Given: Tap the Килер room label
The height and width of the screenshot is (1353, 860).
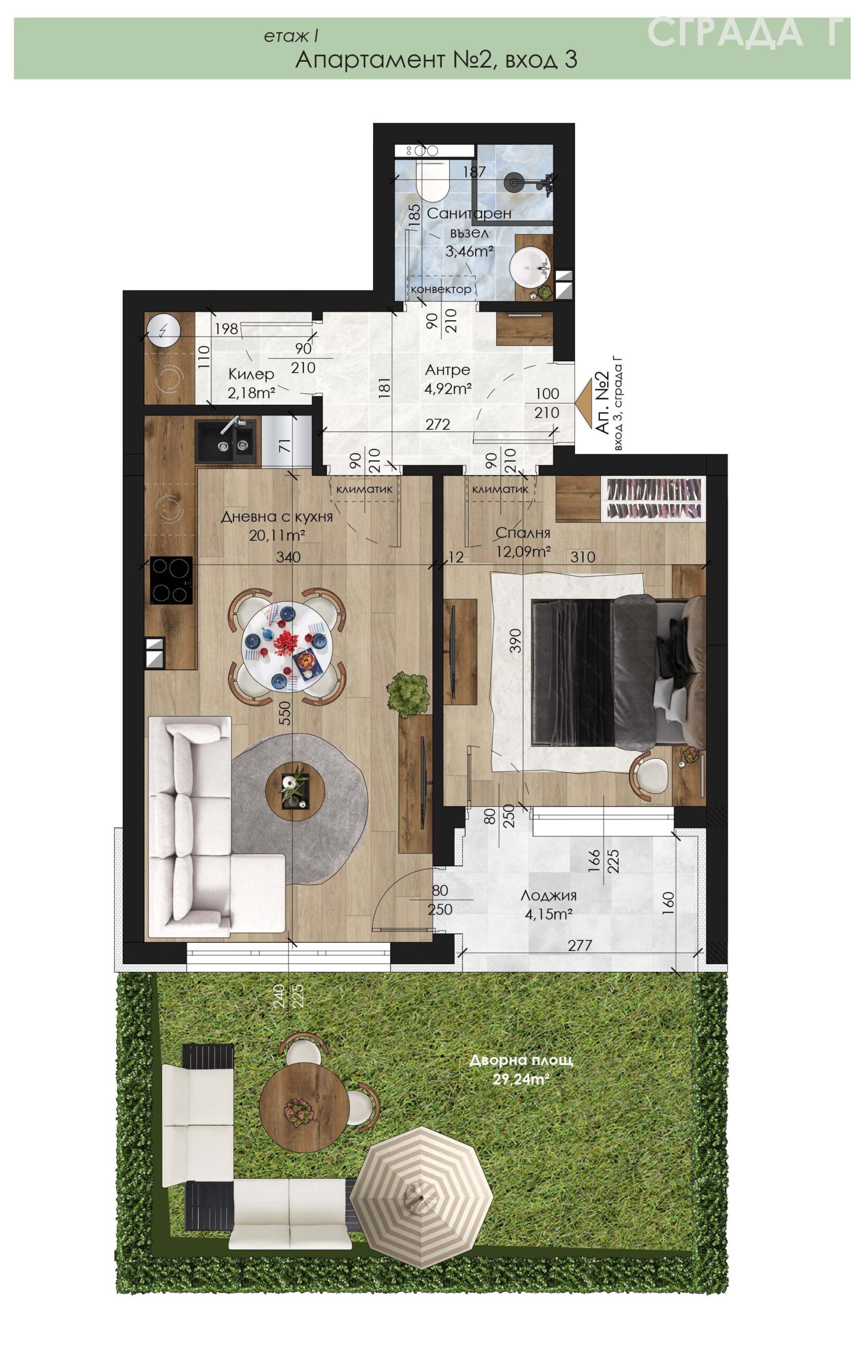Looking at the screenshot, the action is click(251, 374).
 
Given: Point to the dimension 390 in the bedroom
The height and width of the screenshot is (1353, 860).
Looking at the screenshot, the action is click(515, 640).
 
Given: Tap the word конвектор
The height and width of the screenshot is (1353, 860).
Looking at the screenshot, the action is click(441, 290).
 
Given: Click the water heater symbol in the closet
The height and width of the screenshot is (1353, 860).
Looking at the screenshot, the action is click(163, 330).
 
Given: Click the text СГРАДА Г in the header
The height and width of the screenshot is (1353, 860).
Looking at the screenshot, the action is click(745, 33).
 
